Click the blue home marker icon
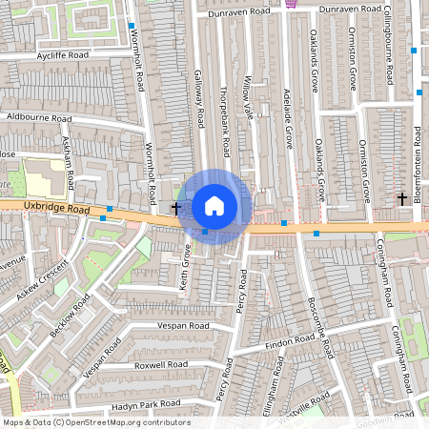click(x=214, y=205)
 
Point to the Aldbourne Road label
click(x=39, y=117)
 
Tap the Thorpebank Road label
click(x=224, y=124)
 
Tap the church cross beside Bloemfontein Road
click(x=402, y=198)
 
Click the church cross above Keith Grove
click(x=175, y=206)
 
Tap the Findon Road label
click(x=292, y=339)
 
